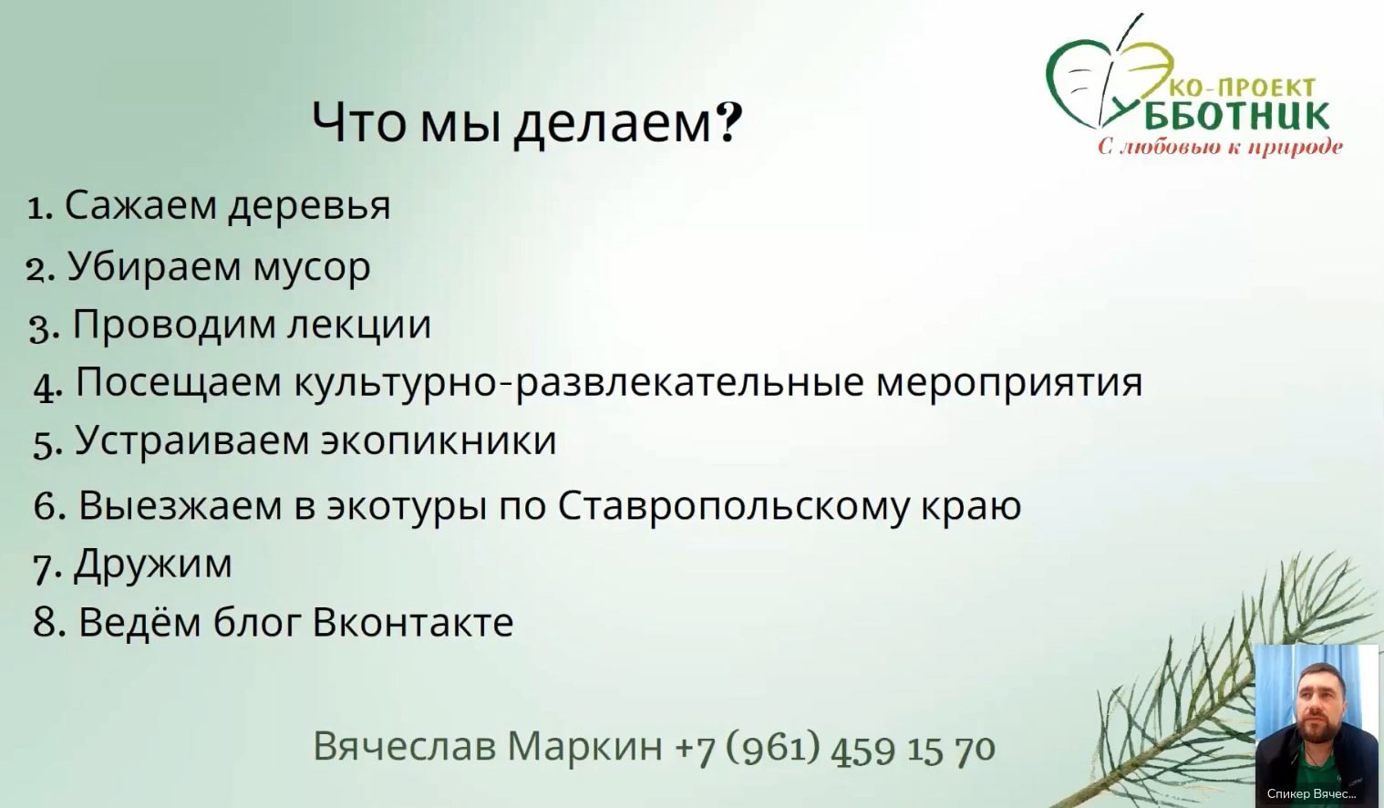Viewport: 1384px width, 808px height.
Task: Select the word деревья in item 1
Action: click(x=310, y=206)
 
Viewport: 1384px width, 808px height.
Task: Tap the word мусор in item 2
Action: click(x=312, y=269)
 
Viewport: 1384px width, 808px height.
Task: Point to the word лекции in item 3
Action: click(x=359, y=326)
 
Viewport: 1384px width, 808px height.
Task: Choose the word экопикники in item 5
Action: click(x=438, y=440)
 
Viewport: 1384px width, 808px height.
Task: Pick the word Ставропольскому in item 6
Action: click(x=734, y=507)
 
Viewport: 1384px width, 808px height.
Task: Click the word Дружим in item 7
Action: click(x=152, y=565)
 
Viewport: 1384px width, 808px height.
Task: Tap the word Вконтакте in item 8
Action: click(x=413, y=623)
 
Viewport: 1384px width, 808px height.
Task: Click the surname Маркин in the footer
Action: click(x=584, y=746)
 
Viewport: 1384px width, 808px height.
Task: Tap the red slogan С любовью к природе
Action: click(x=1220, y=147)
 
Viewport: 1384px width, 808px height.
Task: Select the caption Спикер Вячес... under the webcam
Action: click(x=1311, y=794)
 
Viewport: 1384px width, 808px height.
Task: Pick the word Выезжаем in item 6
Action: click(x=181, y=507)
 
